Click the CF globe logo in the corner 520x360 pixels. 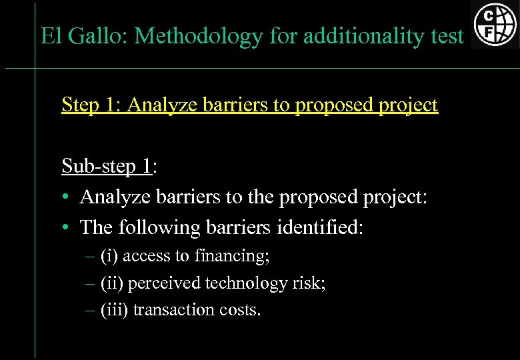click(x=494, y=25)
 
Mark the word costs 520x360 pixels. click(x=238, y=310)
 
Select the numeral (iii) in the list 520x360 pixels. click(x=114, y=310)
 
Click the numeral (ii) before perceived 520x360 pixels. click(x=111, y=283)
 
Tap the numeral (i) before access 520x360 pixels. click(x=109, y=256)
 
